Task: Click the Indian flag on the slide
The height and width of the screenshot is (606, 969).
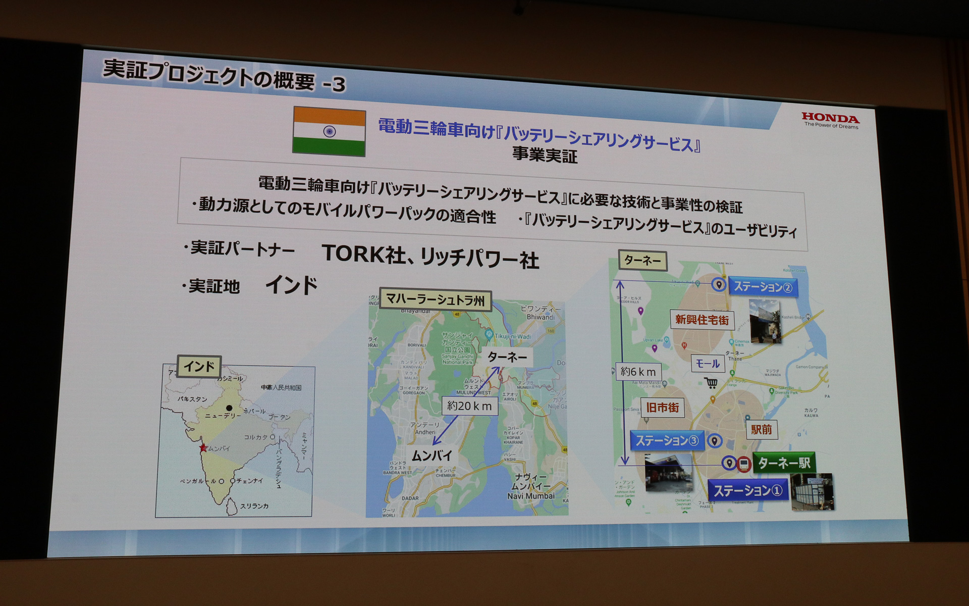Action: [x=329, y=131]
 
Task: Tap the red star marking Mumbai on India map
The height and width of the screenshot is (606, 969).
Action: [x=203, y=448]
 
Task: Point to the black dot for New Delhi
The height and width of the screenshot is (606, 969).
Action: [x=229, y=408]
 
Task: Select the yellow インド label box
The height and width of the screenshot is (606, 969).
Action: [x=199, y=366]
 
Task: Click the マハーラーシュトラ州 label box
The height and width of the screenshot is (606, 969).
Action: [x=435, y=300]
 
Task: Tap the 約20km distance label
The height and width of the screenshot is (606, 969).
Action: [x=469, y=406]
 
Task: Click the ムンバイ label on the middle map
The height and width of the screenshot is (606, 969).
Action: [x=432, y=456]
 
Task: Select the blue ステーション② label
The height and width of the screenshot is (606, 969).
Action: [x=762, y=287]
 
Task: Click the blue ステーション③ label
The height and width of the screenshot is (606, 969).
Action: [x=666, y=441]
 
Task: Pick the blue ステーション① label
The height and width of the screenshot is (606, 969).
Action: [x=747, y=490]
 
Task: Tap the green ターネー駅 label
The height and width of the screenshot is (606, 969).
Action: [x=784, y=463]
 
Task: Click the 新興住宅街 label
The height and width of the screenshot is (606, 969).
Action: [x=702, y=320]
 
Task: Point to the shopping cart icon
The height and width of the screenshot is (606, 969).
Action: [x=712, y=383]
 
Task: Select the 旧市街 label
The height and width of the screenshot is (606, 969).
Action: [x=662, y=408]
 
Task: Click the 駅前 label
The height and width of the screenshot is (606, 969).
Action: [x=761, y=430]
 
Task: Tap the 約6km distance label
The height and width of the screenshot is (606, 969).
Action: [x=638, y=372]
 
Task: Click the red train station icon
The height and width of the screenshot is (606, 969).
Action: [x=743, y=464]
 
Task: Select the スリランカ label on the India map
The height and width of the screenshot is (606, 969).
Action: [x=254, y=506]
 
